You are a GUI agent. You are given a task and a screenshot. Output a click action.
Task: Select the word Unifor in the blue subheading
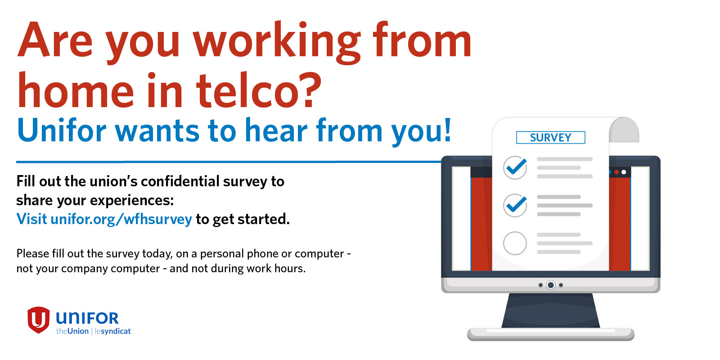tap(61, 130)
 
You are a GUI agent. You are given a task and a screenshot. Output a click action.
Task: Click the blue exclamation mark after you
tap(447, 129)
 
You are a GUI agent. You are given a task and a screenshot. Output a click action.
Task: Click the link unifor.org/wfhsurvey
tap(121, 219)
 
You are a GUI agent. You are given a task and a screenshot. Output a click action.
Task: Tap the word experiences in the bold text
tap(132, 201)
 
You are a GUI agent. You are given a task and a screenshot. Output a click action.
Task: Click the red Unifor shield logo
tap(39, 319)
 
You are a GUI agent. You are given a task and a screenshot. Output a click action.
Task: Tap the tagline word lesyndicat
tap(113, 331)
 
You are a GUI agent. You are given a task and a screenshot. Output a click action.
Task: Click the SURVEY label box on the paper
tap(551, 137)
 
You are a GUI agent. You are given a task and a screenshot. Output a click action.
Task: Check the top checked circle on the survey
tap(515, 167)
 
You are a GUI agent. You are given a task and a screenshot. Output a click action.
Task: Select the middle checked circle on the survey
tap(515, 205)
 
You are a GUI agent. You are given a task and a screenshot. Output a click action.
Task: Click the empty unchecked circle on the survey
tap(515, 243)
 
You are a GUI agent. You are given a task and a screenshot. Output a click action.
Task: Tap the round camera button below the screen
tap(551, 285)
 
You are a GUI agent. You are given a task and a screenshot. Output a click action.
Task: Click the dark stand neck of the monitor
tap(551, 310)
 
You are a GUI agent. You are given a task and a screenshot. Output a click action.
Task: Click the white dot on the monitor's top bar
tap(624, 172)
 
